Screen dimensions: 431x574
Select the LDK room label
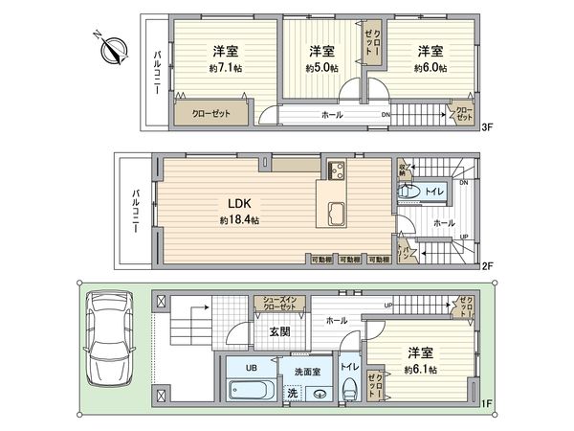238,203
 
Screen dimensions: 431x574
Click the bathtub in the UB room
251,391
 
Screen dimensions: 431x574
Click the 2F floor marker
486,267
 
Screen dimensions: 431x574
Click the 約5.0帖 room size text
321,68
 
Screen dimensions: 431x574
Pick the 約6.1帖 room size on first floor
420,369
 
